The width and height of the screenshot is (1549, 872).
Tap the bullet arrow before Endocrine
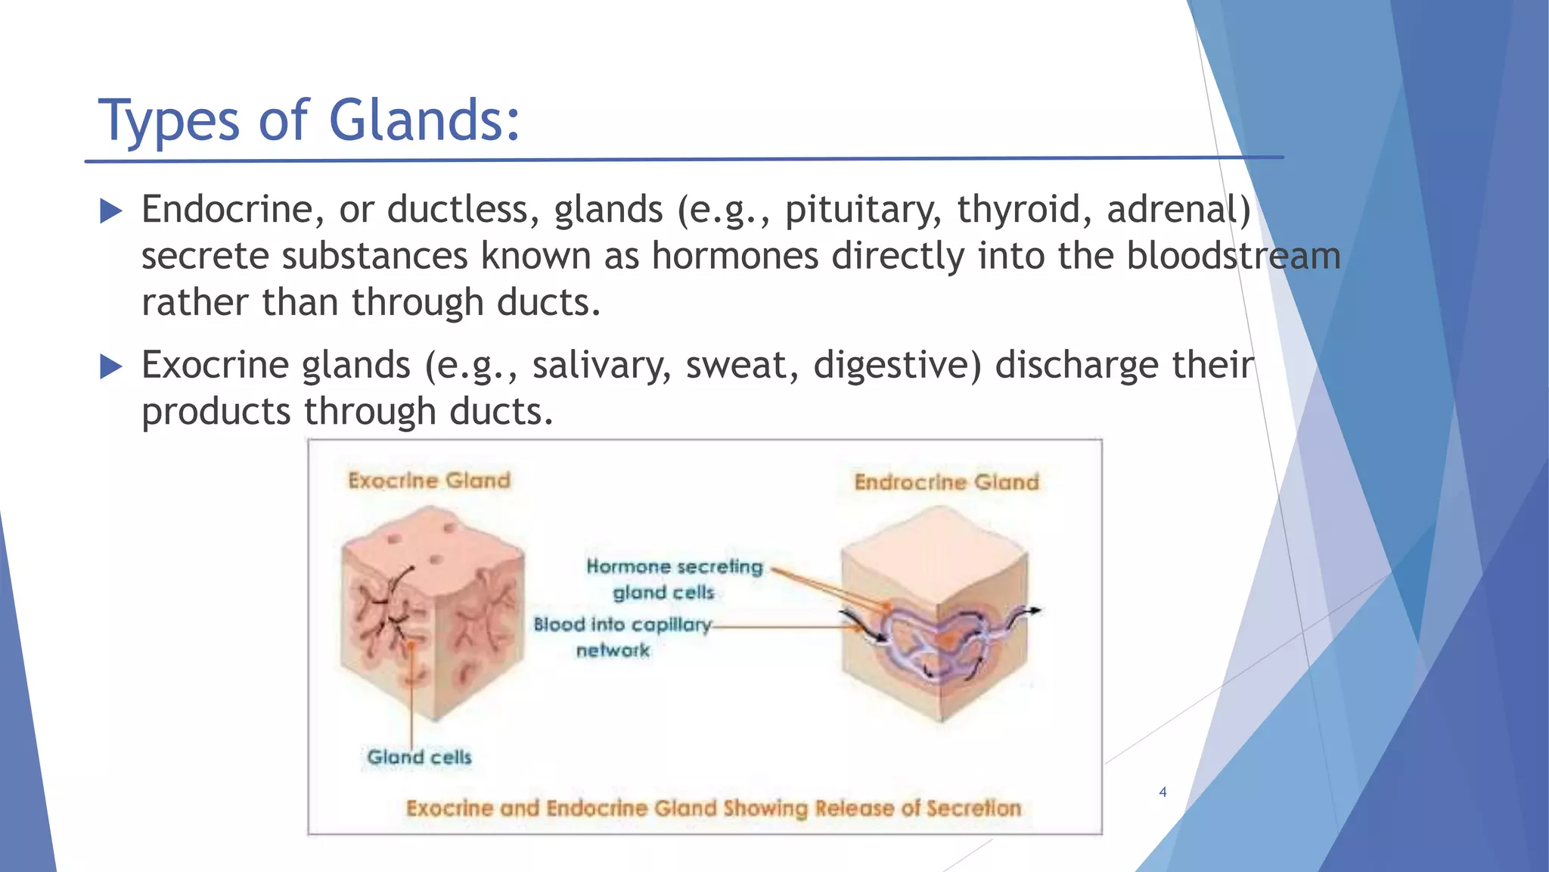[x=110, y=211]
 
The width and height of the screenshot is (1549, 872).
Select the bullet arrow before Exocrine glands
[x=110, y=367]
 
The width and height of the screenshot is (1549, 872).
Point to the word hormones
[x=734, y=256]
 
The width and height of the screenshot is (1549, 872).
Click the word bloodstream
[x=1233, y=256]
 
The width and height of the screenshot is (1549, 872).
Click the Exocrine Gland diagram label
[x=429, y=481]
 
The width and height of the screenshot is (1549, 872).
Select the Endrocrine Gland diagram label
[x=946, y=482]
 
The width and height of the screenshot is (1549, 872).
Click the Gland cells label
[x=419, y=757]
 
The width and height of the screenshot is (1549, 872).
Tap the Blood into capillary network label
[x=622, y=637]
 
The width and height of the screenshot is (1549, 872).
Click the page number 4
[x=1163, y=793]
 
